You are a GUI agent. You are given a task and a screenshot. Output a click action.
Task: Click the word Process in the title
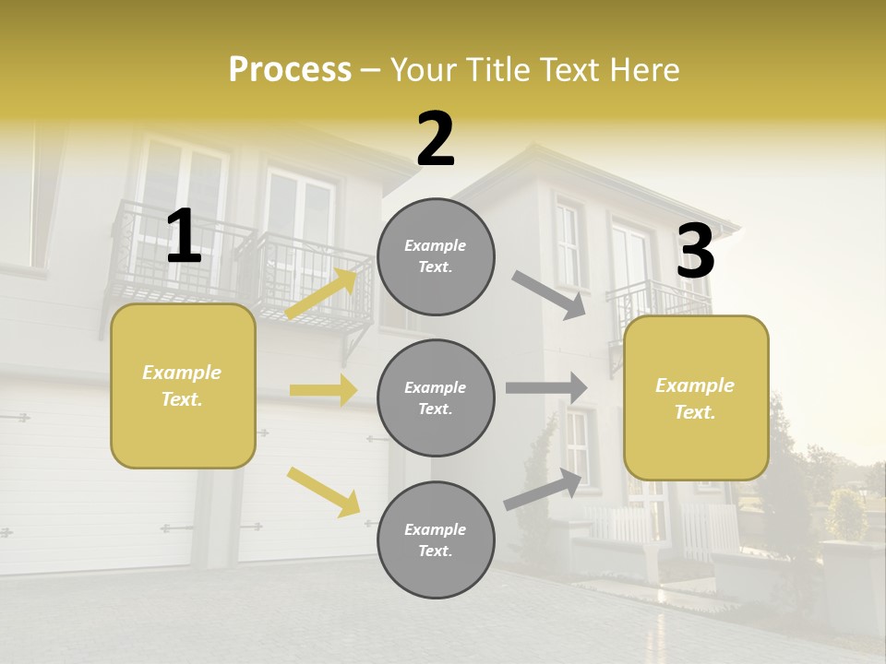(290, 70)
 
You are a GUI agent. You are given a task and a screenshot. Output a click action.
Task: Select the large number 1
(184, 237)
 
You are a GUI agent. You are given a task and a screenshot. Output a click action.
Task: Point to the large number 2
(436, 139)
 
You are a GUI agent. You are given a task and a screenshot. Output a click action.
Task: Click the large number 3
(695, 251)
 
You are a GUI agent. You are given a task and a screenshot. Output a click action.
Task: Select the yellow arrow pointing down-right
(323, 492)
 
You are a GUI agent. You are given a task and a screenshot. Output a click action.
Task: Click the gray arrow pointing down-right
(549, 294)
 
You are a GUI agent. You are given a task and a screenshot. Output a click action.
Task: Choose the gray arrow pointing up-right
(544, 489)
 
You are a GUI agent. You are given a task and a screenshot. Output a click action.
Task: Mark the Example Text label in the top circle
(436, 256)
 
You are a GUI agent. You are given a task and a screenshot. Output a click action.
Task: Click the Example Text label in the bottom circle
(436, 540)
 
